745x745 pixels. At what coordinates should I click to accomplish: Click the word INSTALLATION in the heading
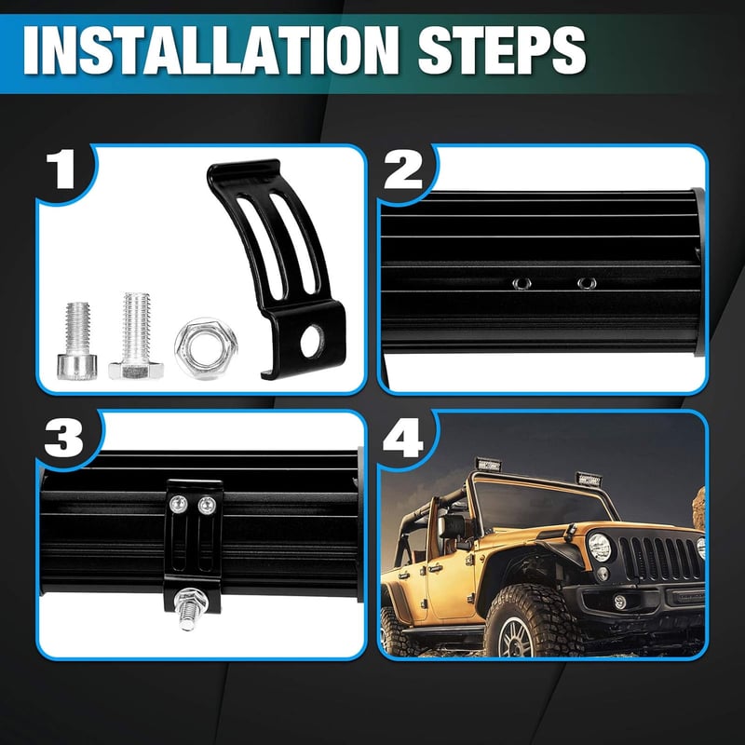(211, 50)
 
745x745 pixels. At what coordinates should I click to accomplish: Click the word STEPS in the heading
(502, 50)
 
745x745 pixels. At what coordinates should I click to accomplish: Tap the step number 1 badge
(61, 169)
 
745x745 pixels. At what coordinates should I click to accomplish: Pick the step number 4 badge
(403, 437)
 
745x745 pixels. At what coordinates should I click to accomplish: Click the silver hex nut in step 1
(206, 348)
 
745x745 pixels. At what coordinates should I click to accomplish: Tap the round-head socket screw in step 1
(77, 341)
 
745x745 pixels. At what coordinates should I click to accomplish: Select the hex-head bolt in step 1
(136, 335)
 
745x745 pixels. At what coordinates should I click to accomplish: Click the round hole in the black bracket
(312, 341)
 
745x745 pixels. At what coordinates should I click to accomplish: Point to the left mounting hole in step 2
(521, 284)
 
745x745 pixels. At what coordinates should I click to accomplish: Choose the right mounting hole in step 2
(587, 283)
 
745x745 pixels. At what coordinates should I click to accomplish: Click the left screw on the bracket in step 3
(179, 503)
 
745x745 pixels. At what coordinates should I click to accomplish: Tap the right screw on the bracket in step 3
(207, 505)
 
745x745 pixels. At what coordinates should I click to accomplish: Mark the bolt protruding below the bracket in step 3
(189, 608)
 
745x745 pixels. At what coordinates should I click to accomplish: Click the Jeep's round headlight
(599, 547)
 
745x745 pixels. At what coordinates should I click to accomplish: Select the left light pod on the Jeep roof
(488, 465)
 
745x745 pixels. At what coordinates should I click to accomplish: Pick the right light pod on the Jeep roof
(589, 480)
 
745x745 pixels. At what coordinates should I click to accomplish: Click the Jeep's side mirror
(452, 526)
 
